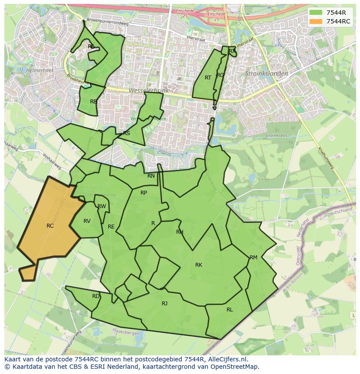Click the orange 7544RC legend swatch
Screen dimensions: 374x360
316,22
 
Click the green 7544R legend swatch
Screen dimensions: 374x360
316,13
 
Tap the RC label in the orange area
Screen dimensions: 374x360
50,226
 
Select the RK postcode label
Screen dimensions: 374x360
199,265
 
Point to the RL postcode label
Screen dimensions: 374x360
230,310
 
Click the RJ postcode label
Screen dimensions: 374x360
164,304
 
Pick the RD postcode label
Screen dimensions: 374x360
96,296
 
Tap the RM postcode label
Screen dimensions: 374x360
253,258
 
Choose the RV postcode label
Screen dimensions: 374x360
87,221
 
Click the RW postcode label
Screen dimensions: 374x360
102,206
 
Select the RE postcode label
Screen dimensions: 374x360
111,227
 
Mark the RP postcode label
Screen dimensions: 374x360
143,193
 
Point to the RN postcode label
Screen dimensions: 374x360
151,176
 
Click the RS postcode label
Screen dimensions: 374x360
127,133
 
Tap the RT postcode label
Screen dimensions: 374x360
208,78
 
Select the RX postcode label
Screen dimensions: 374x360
232,51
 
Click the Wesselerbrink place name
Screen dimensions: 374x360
147,91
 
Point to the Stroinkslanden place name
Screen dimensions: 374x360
267,74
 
